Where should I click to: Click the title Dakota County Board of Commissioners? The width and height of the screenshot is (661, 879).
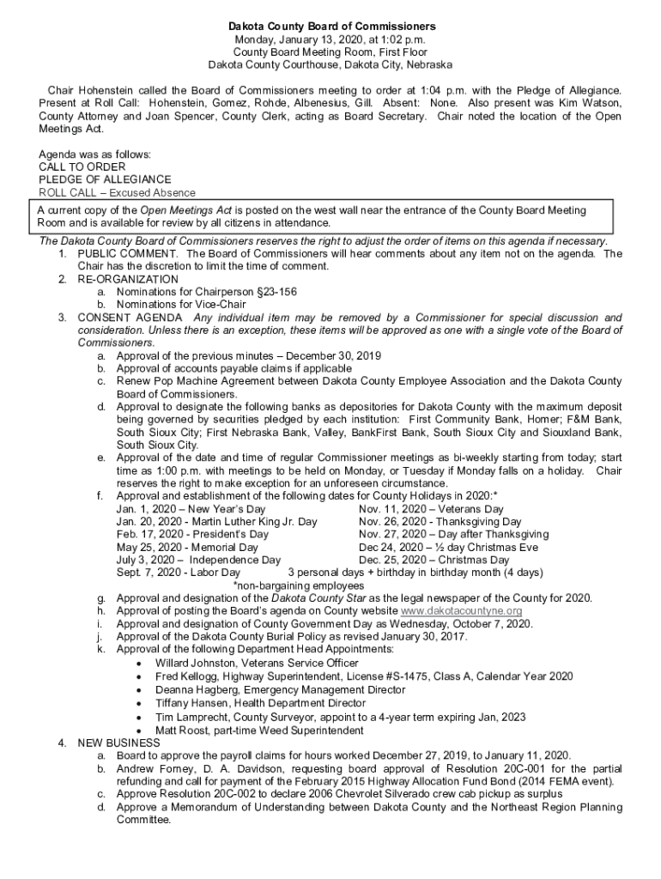coord(330,27)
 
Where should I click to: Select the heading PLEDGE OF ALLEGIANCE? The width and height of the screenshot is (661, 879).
coord(105,179)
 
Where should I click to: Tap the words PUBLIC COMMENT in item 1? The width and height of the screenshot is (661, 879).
coord(128,253)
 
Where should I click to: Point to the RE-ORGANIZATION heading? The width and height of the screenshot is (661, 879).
coord(128,279)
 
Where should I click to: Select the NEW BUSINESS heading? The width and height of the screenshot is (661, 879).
coord(118,743)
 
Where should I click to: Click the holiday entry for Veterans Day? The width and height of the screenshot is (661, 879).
coord(431,509)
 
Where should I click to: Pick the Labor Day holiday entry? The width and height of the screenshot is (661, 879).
coord(179,573)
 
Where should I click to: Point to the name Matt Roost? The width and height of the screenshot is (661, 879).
coord(183,730)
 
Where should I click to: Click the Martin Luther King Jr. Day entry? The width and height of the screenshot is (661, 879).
coord(216,521)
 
